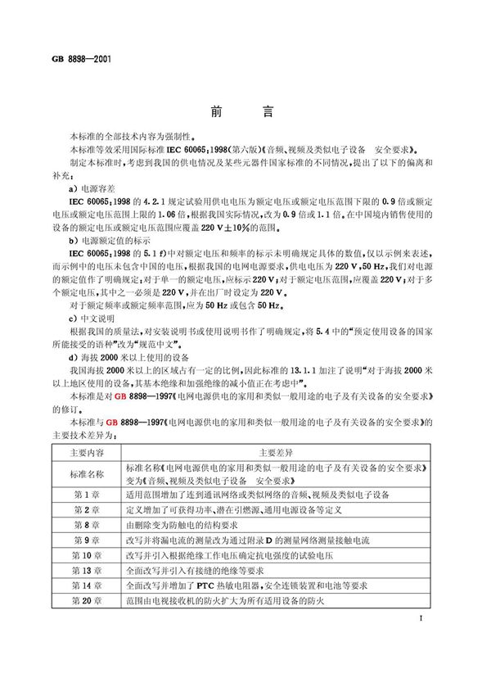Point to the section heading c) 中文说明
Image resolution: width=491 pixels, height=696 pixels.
pos(96,318)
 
